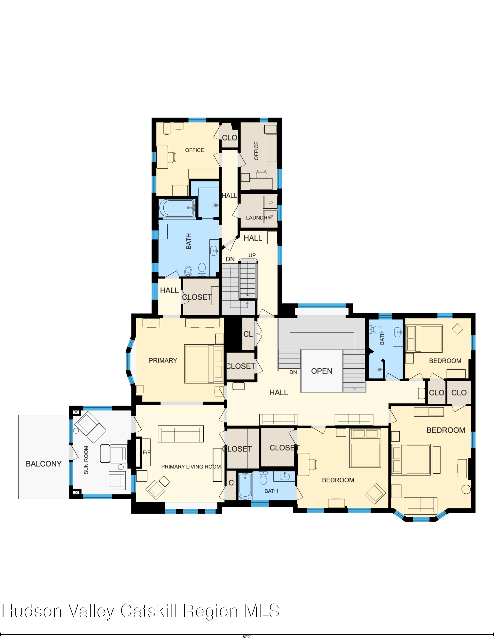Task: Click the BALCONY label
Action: [x=43, y=464]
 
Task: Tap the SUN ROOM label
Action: [x=86, y=460]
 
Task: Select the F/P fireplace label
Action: [x=146, y=452]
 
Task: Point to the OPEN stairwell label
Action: [x=322, y=371]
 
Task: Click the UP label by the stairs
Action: [x=252, y=255]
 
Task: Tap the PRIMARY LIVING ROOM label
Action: [x=191, y=467]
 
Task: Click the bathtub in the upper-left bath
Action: [x=177, y=208]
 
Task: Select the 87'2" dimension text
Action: [x=247, y=637]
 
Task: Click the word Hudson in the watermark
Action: [x=32, y=611]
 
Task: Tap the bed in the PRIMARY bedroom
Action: [x=204, y=364]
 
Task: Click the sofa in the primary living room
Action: [x=181, y=434]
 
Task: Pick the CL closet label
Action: [x=248, y=334]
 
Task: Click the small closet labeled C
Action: [x=231, y=483]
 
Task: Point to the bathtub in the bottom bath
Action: [x=245, y=486]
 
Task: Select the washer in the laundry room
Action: [x=270, y=202]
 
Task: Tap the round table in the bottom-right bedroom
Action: [x=466, y=489]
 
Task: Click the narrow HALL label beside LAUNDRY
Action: [x=230, y=196]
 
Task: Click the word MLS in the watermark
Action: [x=262, y=611]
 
